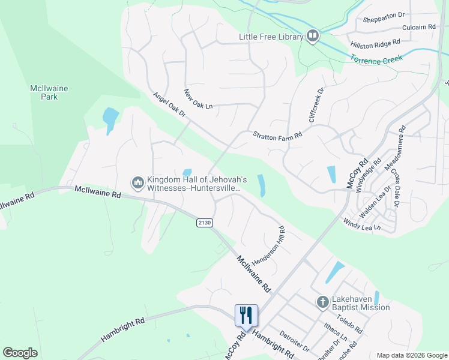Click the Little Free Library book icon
point(312,37)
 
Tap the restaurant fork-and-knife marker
point(246,314)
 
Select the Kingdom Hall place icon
point(137,181)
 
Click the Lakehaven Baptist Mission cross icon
point(322,302)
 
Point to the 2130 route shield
point(205,223)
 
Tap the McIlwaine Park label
point(49,92)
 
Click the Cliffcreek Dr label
point(316,105)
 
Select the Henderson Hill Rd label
point(267,246)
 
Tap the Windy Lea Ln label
point(361,225)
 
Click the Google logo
point(20,353)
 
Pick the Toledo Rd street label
point(349,325)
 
